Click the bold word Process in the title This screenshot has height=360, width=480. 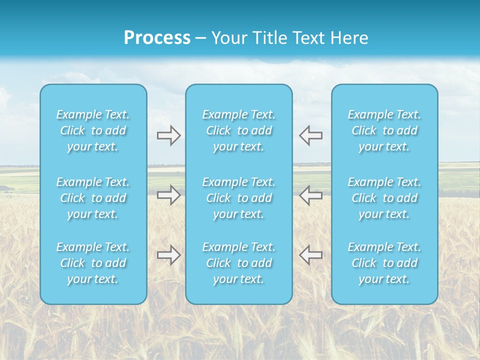pos(157,38)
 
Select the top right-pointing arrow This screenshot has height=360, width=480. pos(168,135)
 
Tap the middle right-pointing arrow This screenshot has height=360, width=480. pos(168,195)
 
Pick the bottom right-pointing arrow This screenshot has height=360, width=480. pos(168,255)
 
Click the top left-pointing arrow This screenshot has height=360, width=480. pos(310,135)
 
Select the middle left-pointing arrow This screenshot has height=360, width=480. pos(310,195)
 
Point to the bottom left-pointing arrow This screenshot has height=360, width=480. pos(310,255)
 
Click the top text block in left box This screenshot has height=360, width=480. pos(93,130)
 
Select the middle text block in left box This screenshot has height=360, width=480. pos(93,198)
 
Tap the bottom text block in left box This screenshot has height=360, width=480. pos(93,263)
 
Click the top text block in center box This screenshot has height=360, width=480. pos(239,130)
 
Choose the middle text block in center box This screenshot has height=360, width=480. pos(239,198)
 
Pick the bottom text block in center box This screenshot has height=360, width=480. pos(239,263)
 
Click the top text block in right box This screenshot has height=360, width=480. pos(384,130)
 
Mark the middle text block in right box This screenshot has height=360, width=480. pos(384,198)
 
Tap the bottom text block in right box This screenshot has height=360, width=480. pos(384,263)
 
